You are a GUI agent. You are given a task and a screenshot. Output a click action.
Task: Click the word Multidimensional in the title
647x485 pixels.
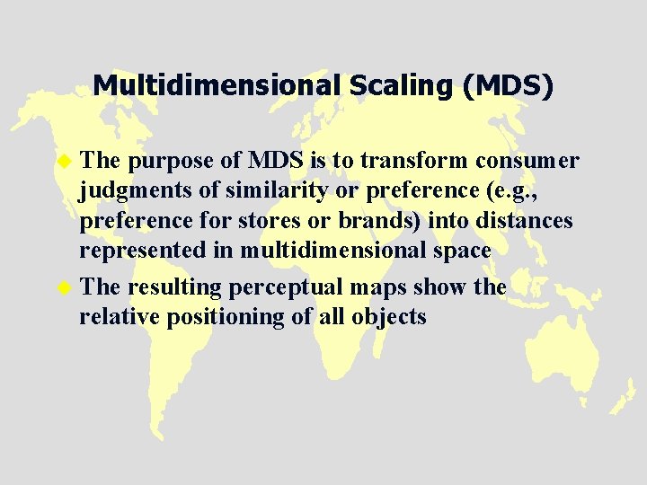215,86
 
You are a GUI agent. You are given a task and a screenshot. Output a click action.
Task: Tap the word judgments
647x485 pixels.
126,191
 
